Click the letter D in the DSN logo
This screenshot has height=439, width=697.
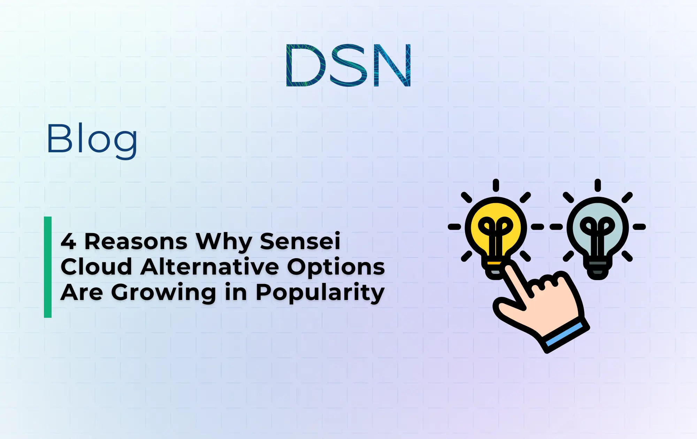coord(305,66)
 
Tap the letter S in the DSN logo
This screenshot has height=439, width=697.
coord(348,66)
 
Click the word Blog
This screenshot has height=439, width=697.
coord(92,139)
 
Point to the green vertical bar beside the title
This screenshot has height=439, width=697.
coord(48,267)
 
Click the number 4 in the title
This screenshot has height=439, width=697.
coord(68,241)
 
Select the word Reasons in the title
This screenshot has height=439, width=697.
coord(136,241)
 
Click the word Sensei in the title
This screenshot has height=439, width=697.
coord(300,241)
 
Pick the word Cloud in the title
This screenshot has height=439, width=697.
coord(96,267)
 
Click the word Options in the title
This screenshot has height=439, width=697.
coord(336,268)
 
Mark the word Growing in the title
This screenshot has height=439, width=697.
coord(164,293)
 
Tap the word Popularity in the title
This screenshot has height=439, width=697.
coord(320,293)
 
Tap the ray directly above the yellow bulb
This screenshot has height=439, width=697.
coord(496,185)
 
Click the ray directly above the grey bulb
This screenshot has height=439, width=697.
coord(598,185)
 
